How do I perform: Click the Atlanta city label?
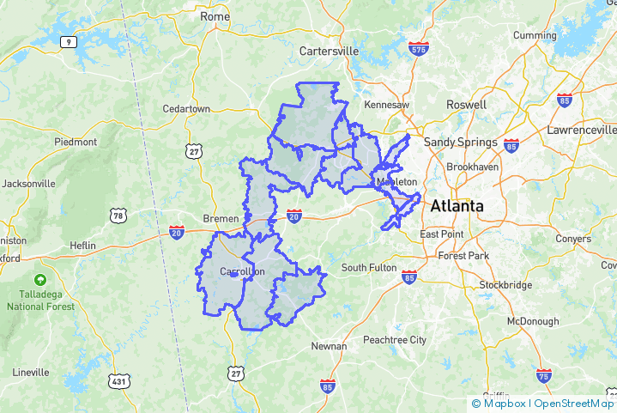(x=457, y=206)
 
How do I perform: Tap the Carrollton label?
(x=243, y=272)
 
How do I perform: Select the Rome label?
(x=215, y=16)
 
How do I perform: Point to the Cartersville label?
(x=329, y=51)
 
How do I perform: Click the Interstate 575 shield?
(x=419, y=49)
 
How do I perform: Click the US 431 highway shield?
(x=118, y=380)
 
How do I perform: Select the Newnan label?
(x=329, y=346)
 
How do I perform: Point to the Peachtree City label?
(x=394, y=340)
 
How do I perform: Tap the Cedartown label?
(x=186, y=109)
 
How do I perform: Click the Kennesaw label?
(x=387, y=104)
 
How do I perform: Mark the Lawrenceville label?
(x=581, y=130)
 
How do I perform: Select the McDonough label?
(x=532, y=321)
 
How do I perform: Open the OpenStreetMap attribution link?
(x=574, y=404)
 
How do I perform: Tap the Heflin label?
(x=82, y=245)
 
